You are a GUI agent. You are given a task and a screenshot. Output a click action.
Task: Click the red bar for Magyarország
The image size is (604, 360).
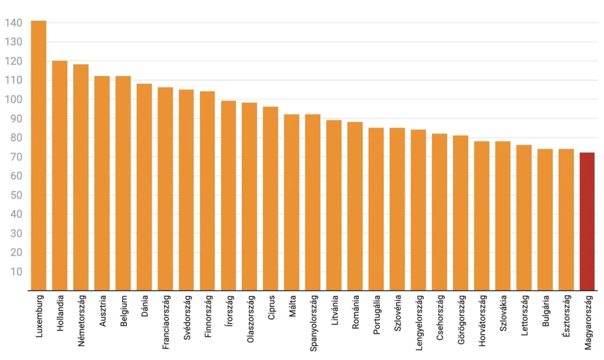587,221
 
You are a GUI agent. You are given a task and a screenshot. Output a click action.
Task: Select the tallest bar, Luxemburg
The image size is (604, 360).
38,156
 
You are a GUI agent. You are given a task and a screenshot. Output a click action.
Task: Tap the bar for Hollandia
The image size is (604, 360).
60,176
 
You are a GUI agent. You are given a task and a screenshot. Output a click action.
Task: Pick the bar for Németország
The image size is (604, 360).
81,178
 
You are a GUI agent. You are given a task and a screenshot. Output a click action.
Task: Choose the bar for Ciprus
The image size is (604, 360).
271,199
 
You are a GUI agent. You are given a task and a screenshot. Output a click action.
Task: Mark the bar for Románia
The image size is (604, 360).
355,207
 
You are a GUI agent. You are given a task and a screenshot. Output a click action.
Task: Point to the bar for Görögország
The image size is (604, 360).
461,213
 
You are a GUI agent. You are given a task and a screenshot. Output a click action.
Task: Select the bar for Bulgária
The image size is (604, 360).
545,220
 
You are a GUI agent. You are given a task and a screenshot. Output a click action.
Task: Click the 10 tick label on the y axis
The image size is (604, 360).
16,271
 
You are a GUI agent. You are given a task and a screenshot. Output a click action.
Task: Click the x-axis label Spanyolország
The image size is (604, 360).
313,324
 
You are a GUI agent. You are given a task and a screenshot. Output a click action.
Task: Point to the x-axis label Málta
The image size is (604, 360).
293,306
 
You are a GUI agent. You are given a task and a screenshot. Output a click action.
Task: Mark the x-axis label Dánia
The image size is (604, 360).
145,307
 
